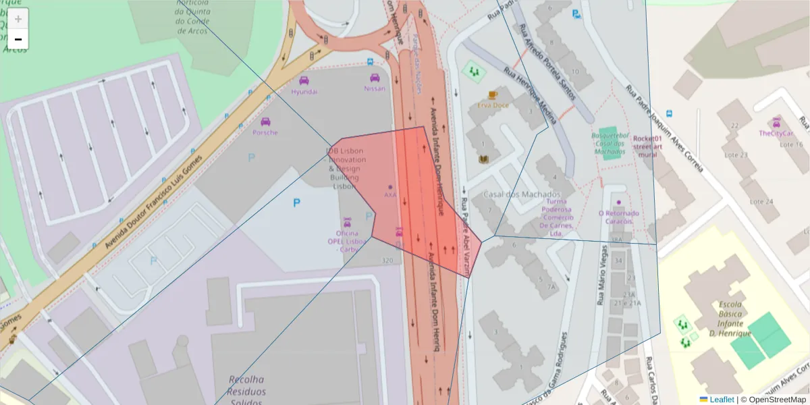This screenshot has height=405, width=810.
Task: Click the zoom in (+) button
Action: pyautogui.click(x=18, y=19)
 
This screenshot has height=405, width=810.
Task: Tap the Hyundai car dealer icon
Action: pyautogui.click(x=304, y=80)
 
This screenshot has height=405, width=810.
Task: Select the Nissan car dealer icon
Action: pyautogui.click(x=375, y=78)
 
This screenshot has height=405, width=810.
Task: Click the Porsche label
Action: pyautogui.click(x=265, y=132)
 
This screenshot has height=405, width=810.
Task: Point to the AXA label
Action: pyautogui.click(x=390, y=194)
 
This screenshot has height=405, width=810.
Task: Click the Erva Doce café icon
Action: pyautogui.click(x=493, y=94)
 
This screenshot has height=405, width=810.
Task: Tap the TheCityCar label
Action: pyautogui.click(x=776, y=134)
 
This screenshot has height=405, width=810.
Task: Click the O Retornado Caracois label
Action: pyautogui.click(x=619, y=217)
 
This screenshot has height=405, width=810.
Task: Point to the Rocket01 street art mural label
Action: pyautogui.click(x=646, y=146)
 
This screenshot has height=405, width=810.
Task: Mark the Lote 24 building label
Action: pyautogui.click(x=761, y=201)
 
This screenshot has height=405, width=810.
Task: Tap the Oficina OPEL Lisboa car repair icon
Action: pyautogui.click(x=347, y=221)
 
